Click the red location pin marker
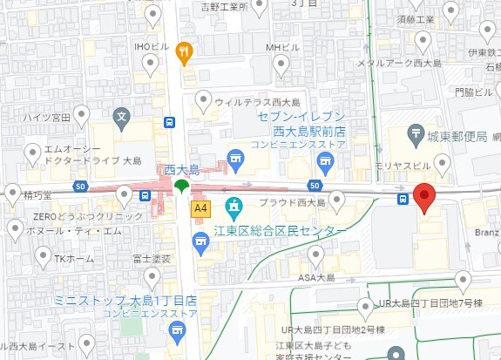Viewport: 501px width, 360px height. (x=423, y=198)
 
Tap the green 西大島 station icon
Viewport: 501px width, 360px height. (x=181, y=185)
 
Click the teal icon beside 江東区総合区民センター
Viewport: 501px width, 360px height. (x=234, y=207)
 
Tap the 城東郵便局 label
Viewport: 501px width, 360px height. (x=457, y=136)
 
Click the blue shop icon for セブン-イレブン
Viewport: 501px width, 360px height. (x=324, y=160)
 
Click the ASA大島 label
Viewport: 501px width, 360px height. (x=317, y=277)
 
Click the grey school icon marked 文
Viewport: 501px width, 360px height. (x=122, y=114)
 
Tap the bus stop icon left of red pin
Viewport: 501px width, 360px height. (x=403, y=200)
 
